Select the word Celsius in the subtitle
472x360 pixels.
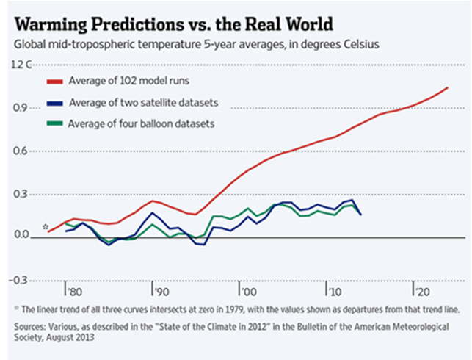point(361,45)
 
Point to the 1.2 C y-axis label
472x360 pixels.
point(21,64)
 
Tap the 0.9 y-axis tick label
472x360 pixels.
point(20,108)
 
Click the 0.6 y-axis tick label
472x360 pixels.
point(20,151)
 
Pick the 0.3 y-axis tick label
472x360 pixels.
point(20,194)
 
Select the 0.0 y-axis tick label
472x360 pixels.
point(21,234)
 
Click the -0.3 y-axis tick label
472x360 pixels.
point(18,281)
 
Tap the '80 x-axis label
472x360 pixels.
point(74,292)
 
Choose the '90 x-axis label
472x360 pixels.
point(161,292)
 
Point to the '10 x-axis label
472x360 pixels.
point(335,292)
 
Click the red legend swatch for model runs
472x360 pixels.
point(55,82)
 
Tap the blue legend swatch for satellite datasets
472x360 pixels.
point(55,104)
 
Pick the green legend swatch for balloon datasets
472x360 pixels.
point(55,123)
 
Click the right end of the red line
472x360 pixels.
point(448,87)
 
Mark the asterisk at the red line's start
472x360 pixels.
point(46,226)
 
